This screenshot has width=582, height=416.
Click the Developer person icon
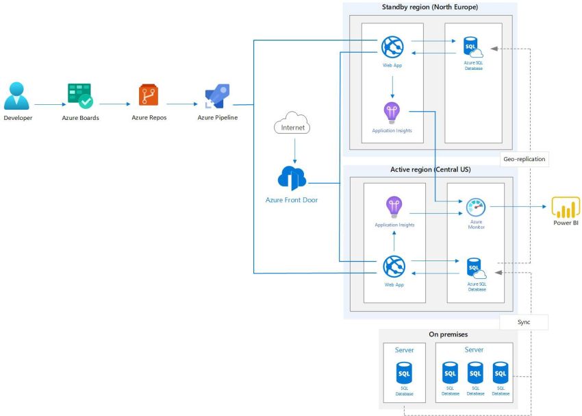point(17,97)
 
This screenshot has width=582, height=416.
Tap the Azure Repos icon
point(148,95)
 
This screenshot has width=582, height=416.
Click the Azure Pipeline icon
point(217,97)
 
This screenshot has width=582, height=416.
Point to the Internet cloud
point(292,124)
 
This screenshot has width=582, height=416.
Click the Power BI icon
point(566,207)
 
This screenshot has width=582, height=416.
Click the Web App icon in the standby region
point(392,47)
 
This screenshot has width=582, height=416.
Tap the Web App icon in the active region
point(394,266)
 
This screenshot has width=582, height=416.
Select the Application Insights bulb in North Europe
point(392,111)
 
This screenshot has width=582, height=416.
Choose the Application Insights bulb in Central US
point(394,206)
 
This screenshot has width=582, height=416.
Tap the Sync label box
point(524,321)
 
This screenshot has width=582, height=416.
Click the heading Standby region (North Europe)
point(429,8)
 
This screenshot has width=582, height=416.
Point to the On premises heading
point(448,334)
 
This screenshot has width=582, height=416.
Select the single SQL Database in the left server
point(404,375)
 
